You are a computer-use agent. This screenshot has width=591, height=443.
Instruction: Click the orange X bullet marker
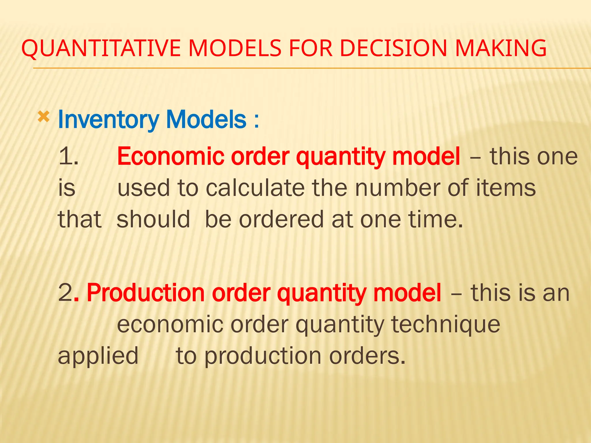[x=44, y=117]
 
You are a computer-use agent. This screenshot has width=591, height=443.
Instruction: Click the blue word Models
[x=207, y=120]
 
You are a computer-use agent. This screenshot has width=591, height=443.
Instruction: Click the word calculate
[x=255, y=188]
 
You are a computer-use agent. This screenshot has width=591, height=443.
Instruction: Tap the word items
[x=506, y=188]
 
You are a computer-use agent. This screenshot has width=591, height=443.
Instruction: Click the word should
[x=153, y=219]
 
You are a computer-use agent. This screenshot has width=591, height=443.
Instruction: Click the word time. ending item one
[x=436, y=219]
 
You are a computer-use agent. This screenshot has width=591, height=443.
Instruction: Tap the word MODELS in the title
[x=235, y=48]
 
